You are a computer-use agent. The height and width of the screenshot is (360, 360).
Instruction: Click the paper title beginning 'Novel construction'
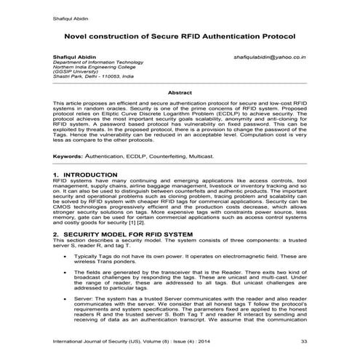180,36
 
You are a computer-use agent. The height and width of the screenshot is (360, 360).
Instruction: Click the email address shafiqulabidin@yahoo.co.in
269,55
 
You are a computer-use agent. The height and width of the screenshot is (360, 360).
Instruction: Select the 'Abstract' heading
180,92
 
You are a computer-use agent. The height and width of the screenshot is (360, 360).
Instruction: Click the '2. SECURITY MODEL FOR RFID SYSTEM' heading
123,235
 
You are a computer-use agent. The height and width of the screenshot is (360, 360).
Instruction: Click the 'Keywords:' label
68,156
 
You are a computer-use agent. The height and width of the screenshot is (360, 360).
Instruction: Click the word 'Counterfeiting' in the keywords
169,156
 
